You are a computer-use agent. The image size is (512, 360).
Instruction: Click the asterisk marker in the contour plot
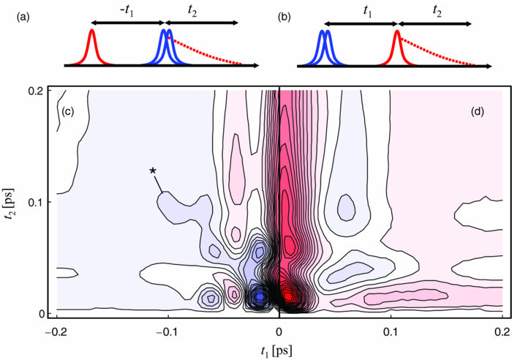(x=153, y=172)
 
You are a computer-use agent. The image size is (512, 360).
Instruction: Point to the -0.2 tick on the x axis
(x=55, y=331)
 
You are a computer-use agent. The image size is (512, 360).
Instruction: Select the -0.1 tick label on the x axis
(x=167, y=331)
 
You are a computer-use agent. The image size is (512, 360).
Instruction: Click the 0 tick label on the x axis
(x=279, y=331)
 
